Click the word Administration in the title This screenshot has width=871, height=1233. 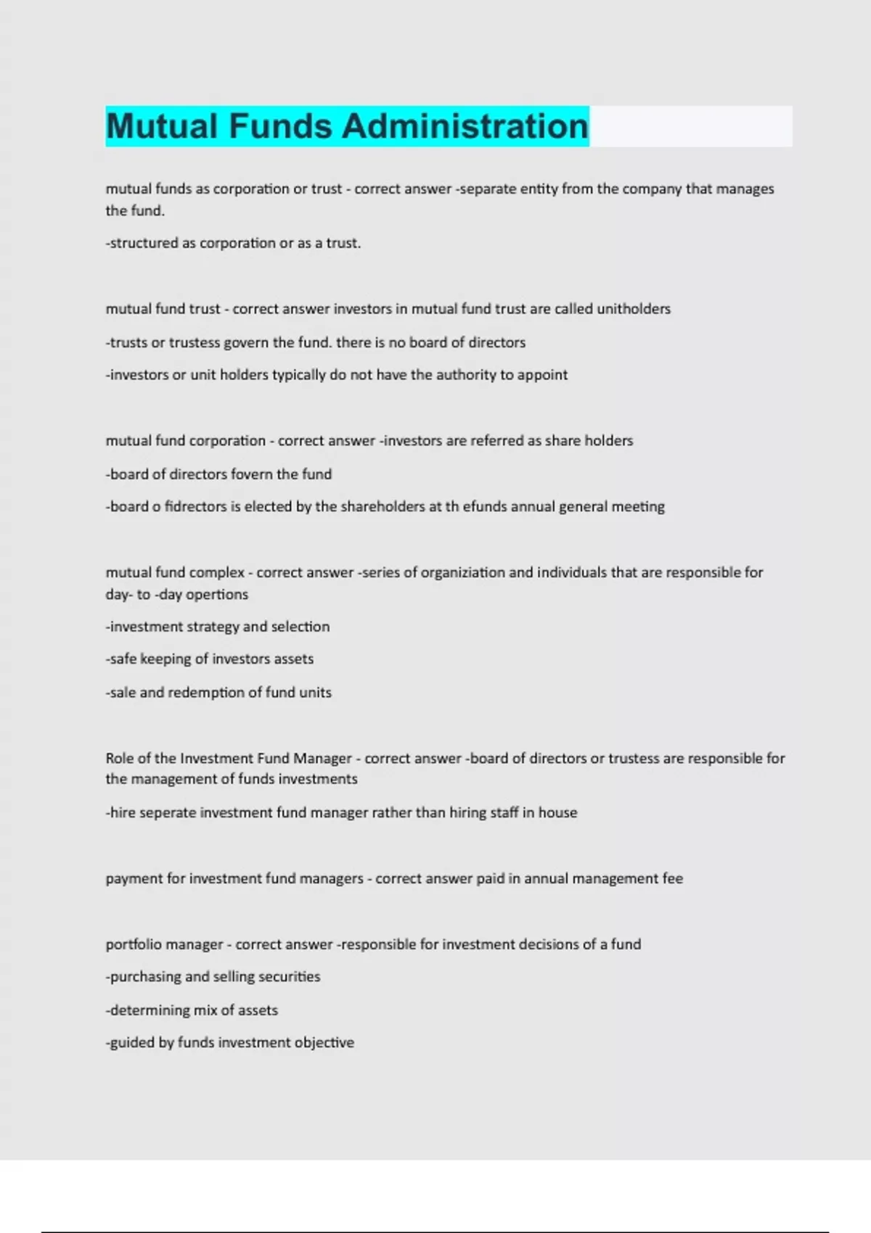tap(465, 126)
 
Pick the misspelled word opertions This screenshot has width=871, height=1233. tap(217, 595)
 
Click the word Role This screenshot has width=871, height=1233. tap(119, 759)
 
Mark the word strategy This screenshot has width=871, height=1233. tap(213, 627)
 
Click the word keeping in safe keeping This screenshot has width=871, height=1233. tap(165, 659)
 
